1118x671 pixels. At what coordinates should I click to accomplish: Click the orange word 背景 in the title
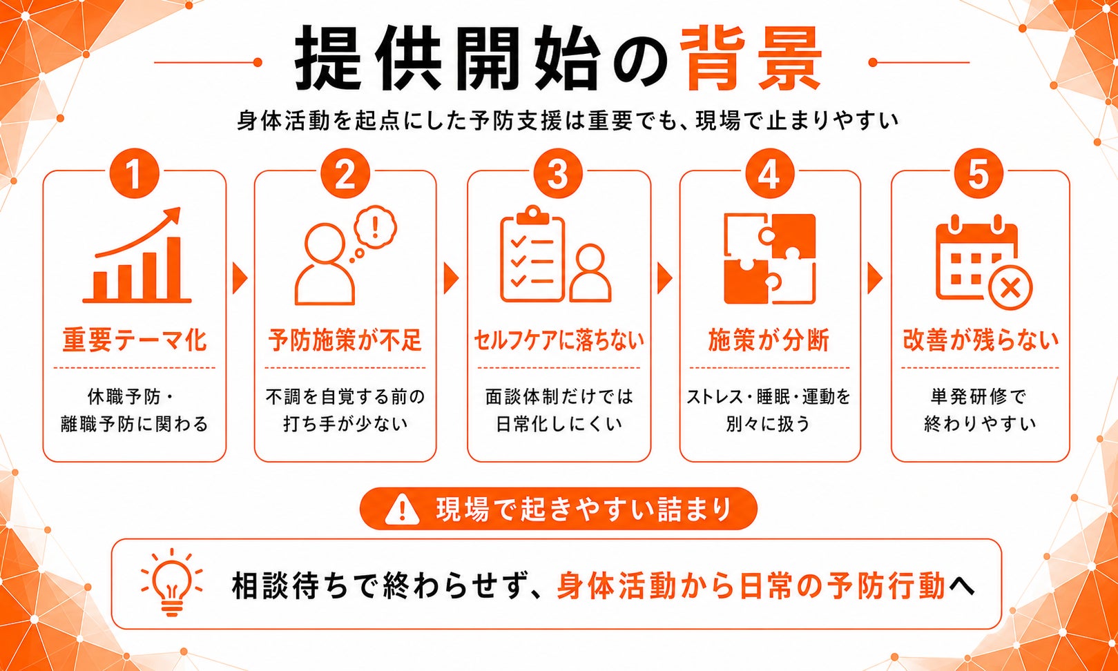751,59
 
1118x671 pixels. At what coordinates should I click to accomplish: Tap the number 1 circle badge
134,173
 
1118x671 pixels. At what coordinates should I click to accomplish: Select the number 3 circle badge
558,173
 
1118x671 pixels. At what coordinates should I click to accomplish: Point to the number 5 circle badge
979,173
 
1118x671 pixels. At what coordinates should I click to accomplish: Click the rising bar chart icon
137,255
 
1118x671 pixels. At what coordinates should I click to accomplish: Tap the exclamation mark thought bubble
375,228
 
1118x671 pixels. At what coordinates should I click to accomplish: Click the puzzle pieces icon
770,258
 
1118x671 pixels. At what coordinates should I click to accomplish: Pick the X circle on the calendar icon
1011,289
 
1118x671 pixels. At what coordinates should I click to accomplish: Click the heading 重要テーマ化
134,340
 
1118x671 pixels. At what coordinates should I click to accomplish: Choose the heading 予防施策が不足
345,340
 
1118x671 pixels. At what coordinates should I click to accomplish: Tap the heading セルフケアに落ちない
559,340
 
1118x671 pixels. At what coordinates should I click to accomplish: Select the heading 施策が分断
769,340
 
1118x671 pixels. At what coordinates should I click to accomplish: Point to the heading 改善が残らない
981,340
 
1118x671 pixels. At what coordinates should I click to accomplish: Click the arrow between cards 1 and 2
240,278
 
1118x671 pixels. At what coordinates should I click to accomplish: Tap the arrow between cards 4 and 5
875,278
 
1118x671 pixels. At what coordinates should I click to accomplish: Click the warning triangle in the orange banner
403,509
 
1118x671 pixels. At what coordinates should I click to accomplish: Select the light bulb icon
171,582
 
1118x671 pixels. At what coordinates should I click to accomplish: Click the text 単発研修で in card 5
979,397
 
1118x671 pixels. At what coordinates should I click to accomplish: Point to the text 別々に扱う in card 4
768,424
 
